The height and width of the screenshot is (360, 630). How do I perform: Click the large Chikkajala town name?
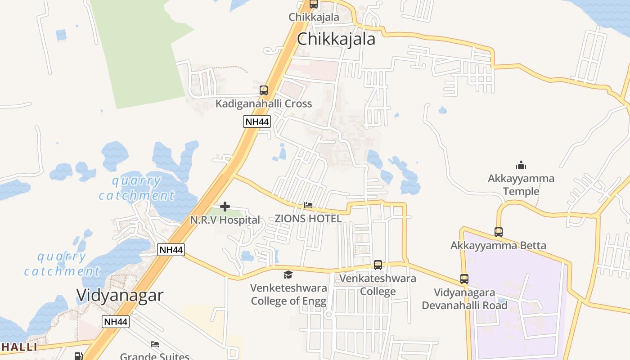click(x=336, y=39)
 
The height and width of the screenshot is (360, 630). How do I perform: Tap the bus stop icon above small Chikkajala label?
click(x=314, y=4)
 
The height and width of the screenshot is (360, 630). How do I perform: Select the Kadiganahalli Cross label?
click(x=263, y=103)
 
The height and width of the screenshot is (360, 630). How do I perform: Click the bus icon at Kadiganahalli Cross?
click(x=264, y=90)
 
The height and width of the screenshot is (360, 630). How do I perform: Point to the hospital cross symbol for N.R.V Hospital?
click(x=225, y=207)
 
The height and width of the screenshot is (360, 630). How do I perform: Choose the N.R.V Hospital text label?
click(x=225, y=220)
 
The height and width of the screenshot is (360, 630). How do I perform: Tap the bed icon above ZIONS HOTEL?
click(x=308, y=205)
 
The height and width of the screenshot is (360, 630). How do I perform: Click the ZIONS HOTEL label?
click(x=308, y=219)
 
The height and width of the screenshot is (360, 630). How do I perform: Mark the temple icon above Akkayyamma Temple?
click(x=521, y=165)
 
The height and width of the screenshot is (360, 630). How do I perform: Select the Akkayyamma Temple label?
click(x=521, y=185)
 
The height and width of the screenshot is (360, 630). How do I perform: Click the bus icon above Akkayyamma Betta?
click(x=499, y=232)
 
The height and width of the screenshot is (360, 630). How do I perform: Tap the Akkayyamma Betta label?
click(x=498, y=246)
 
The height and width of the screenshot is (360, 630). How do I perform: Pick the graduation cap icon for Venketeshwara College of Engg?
click(x=288, y=274)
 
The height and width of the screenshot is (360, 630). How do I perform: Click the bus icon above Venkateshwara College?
click(x=378, y=265)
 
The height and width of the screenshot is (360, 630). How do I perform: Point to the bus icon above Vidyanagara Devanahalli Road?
click(x=464, y=279)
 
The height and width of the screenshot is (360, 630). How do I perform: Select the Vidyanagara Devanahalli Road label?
click(x=464, y=299)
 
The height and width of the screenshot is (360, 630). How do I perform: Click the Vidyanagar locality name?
click(x=120, y=295)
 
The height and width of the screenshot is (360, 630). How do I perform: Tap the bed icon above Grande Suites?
click(x=155, y=344)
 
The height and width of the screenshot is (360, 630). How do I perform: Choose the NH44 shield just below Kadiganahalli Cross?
click(x=257, y=121)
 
